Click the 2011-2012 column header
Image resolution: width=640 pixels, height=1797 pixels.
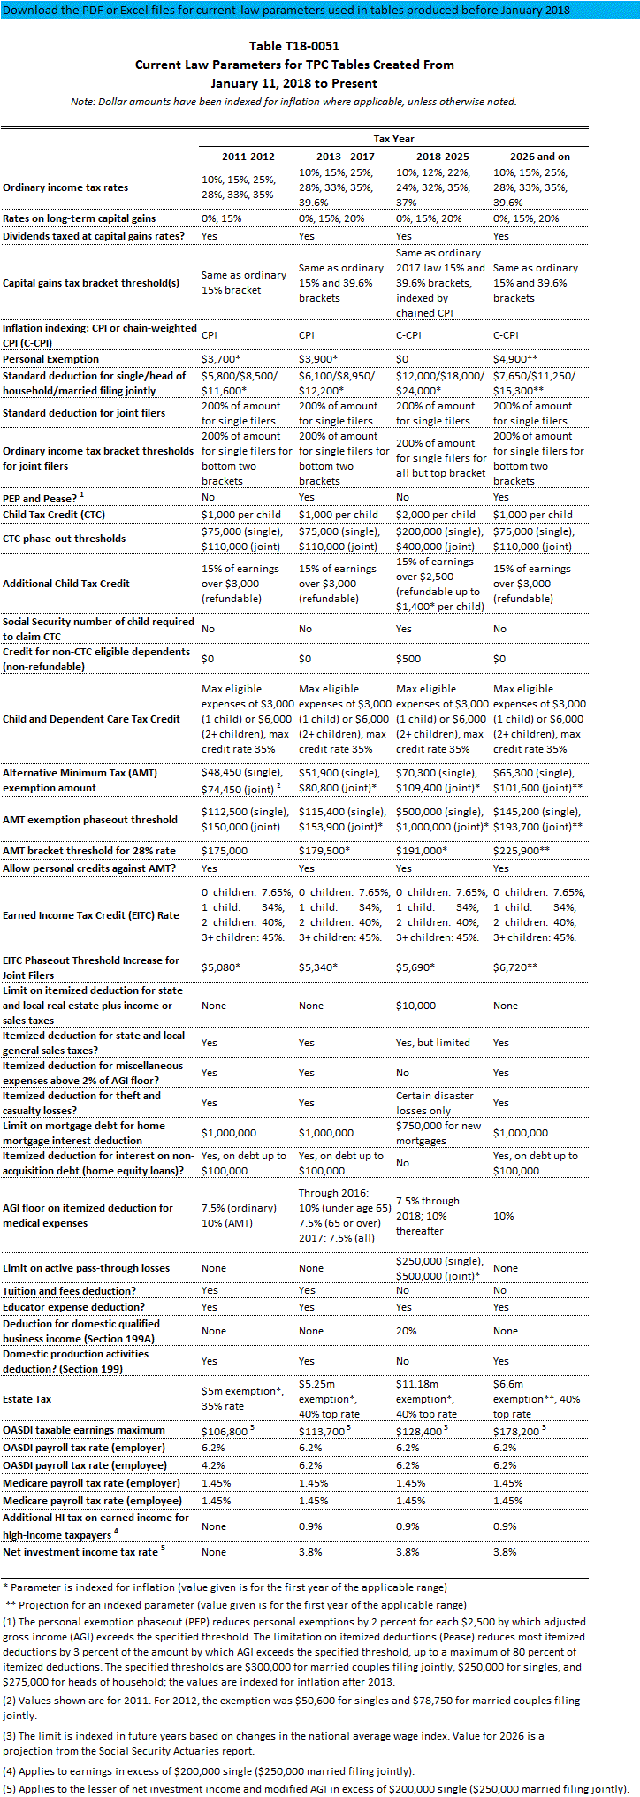pyautogui.click(x=248, y=157)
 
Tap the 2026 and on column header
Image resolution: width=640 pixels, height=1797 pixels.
pyautogui.click(x=539, y=157)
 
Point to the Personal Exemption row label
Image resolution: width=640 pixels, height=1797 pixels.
pyautogui.click(x=50, y=359)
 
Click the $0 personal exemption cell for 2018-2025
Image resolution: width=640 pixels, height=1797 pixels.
pyautogui.click(x=403, y=359)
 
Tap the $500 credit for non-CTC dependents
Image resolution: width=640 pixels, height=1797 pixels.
pyautogui.click(x=408, y=659)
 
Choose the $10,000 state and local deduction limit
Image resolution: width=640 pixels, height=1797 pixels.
pyautogui.click(x=415, y=1006)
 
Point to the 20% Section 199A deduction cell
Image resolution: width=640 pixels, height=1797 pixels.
pyautogui.click(x=406, y=1331)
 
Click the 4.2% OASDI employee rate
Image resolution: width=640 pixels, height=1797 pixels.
pyautogui.click(x=213, y=1465)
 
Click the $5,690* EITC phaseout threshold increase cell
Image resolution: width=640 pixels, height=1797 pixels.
pyautogui.click(x=415, y=967)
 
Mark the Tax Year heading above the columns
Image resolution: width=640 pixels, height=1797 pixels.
pyautogui.click(x=393, y=139)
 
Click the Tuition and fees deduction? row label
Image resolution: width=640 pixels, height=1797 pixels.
pyautogui.click(x=69, y=1291)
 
